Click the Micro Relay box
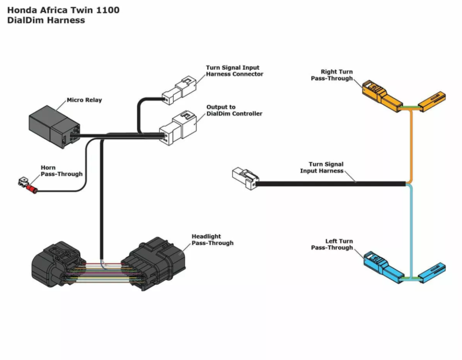(x=54, y=127)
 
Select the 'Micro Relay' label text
(x=84, y=100)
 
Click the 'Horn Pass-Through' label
(x=62, y=170)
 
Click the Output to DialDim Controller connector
(x=178, y=128)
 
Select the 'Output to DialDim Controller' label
(x=234, y=110)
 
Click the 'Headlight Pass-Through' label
(x=213, y=240)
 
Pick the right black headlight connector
(x=153, y=263)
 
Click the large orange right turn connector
(x=382, y=95)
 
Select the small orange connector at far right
(x=432, y=102)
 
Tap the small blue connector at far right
(x=432, y=273)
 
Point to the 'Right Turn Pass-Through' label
(x=331, y=75)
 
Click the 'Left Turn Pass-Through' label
(x=331, y=244)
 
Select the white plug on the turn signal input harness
(x=245, y=179)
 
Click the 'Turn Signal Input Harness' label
(x=322, y=168)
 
